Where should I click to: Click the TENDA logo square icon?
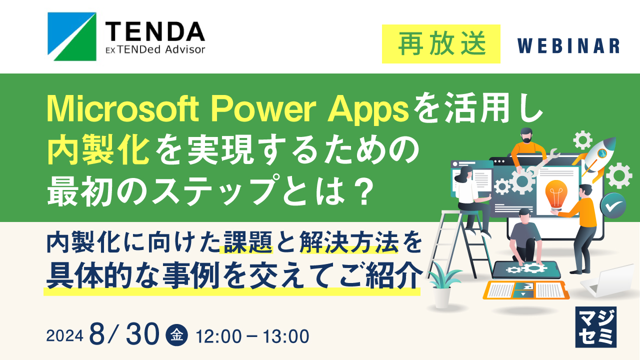(71, 33)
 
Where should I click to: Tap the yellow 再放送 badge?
(441, 44)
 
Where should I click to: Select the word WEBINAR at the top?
(568, 46)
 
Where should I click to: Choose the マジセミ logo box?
(595, 326)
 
